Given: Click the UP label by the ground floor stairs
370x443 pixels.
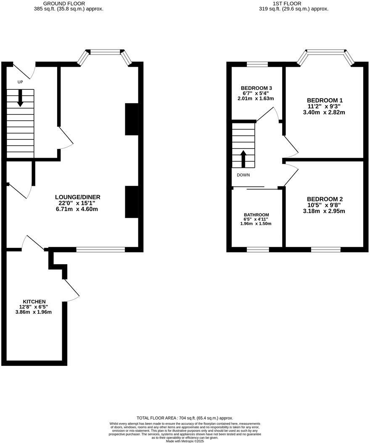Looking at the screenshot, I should coord(20,82).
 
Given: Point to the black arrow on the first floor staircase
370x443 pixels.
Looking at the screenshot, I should coord(243,158).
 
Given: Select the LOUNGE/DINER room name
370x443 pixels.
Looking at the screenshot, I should coord(78,197).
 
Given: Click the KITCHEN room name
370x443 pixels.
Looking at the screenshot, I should coord(34,302).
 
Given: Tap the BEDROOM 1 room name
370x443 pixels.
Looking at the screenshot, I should coord(325,100).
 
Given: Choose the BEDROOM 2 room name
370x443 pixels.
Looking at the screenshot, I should coord(325,199).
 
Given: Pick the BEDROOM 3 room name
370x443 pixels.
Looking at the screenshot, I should coord(256,88).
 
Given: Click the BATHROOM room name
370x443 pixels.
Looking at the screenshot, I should coord(256,215).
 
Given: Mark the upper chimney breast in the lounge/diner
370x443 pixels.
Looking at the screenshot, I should coord(131,119).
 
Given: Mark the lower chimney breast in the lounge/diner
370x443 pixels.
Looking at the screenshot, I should coord(131,203).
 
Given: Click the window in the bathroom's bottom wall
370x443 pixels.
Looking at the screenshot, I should coord(257,250).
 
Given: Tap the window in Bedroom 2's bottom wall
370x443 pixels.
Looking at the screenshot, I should coord(326,250).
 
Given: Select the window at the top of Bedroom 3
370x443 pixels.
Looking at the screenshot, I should coord(257,64).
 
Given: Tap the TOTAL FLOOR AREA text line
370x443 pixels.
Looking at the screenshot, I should coord(185,418).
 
